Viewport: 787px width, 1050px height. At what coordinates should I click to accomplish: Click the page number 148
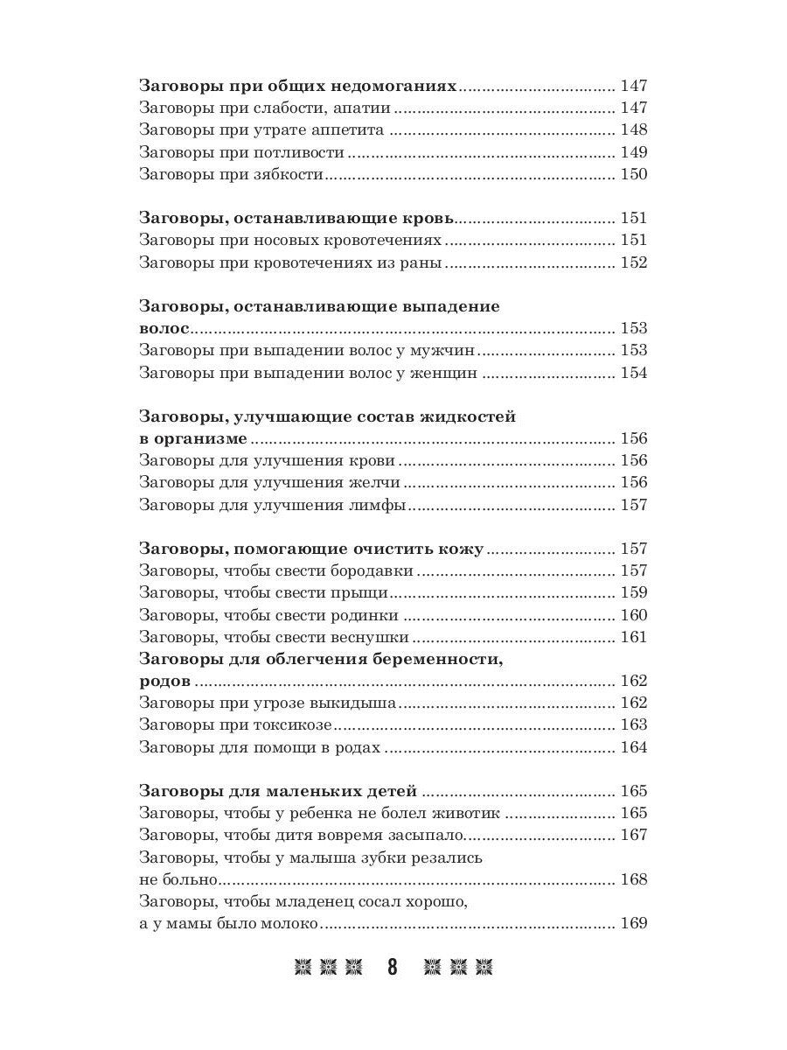click(633, 129)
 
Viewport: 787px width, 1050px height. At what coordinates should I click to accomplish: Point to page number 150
click(633, 174)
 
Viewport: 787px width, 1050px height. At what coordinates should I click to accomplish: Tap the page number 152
click(633, 262)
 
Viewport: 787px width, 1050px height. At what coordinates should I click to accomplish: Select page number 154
click(633, 374)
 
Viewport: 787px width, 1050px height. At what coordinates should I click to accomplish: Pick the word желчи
click(377, 483)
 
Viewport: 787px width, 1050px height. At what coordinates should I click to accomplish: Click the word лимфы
click(381, 505)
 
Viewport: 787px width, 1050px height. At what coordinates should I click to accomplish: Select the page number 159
click(633, 593)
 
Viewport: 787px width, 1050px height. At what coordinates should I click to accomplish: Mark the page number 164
click(633, 747)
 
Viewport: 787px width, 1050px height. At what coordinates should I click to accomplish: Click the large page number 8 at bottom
click(393, 968)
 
